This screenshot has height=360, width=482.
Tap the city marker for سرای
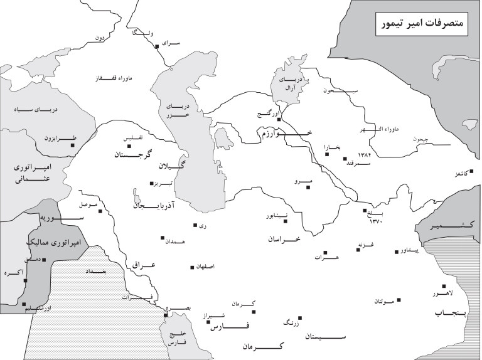coord(157,46)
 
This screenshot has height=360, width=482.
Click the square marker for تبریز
coord(151,184)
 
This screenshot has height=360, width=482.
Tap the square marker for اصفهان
coord(192,268)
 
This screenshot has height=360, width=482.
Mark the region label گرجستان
coord(132,154)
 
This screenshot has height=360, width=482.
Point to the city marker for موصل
coord(99,211)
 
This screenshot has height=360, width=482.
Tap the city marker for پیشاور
coord(397,252)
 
